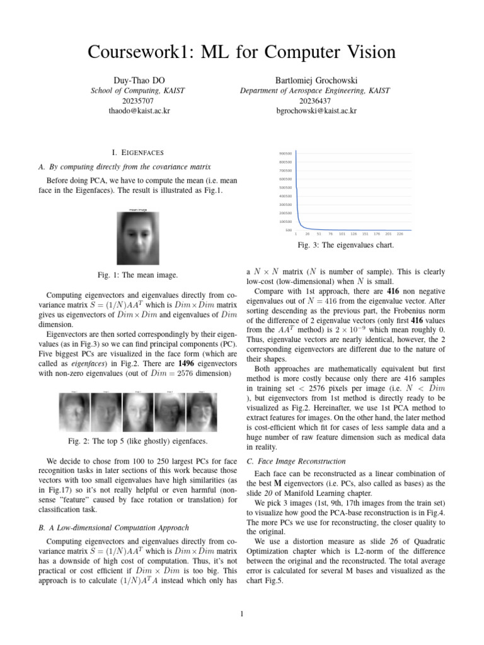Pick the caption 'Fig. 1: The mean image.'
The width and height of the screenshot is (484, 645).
click(x=139, y=275)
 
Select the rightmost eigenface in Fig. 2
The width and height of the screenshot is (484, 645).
click(x=202, y=413)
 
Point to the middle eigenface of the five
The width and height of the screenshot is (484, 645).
click(x=138, y=413)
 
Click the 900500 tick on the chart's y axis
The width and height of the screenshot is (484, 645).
click(x=284, y=153)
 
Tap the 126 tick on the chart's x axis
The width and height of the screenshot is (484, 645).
click(x=354, y=233)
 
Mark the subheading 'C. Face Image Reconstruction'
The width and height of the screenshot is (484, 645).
click(x=296, y=460)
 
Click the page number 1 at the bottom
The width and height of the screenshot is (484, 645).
click(x=242, y=615)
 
